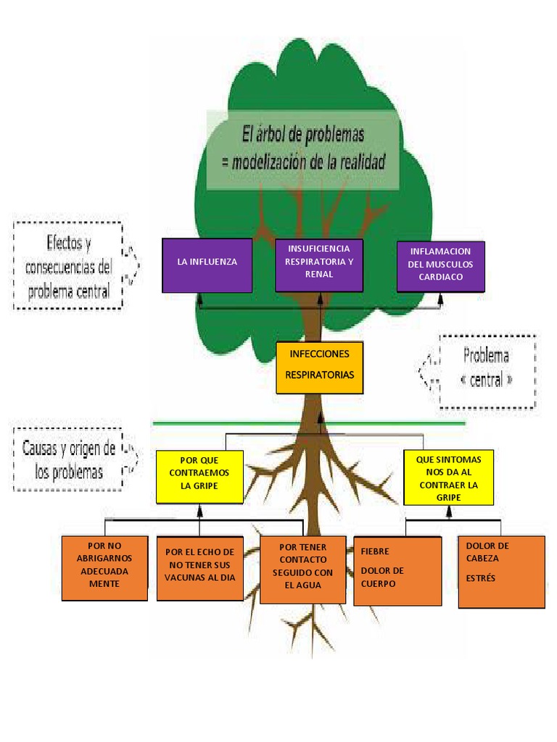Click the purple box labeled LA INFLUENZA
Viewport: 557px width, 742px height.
(x=207, y=265)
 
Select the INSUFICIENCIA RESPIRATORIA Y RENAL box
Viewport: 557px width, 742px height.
(x=319, y=264)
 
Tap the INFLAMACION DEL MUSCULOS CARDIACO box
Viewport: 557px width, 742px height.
(x=440, y=267)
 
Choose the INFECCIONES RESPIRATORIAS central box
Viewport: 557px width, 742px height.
(x=319, y=367)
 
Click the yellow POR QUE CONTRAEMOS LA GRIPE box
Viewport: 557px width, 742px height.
(x=199, y=476)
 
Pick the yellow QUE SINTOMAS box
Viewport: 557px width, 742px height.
(x=448, y=477)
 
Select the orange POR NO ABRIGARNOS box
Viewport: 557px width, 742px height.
(x=104, y=568)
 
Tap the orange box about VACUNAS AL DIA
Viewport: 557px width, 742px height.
(x=199, y=568)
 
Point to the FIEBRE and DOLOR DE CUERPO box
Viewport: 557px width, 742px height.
(x=397, y=570)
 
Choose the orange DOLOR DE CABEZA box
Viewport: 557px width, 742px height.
(x=501, y=571)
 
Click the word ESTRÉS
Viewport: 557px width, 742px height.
(x=481, y=578)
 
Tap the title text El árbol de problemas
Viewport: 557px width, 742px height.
(x=302, y=135)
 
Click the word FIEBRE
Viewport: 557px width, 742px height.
(x=375, y=551)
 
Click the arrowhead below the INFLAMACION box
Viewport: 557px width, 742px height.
(x=440, y=296)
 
